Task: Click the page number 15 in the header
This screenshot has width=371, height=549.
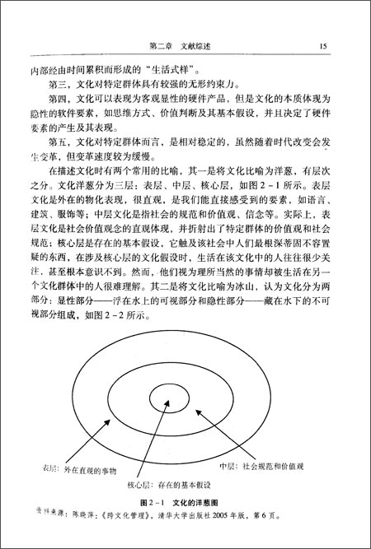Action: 324,47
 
